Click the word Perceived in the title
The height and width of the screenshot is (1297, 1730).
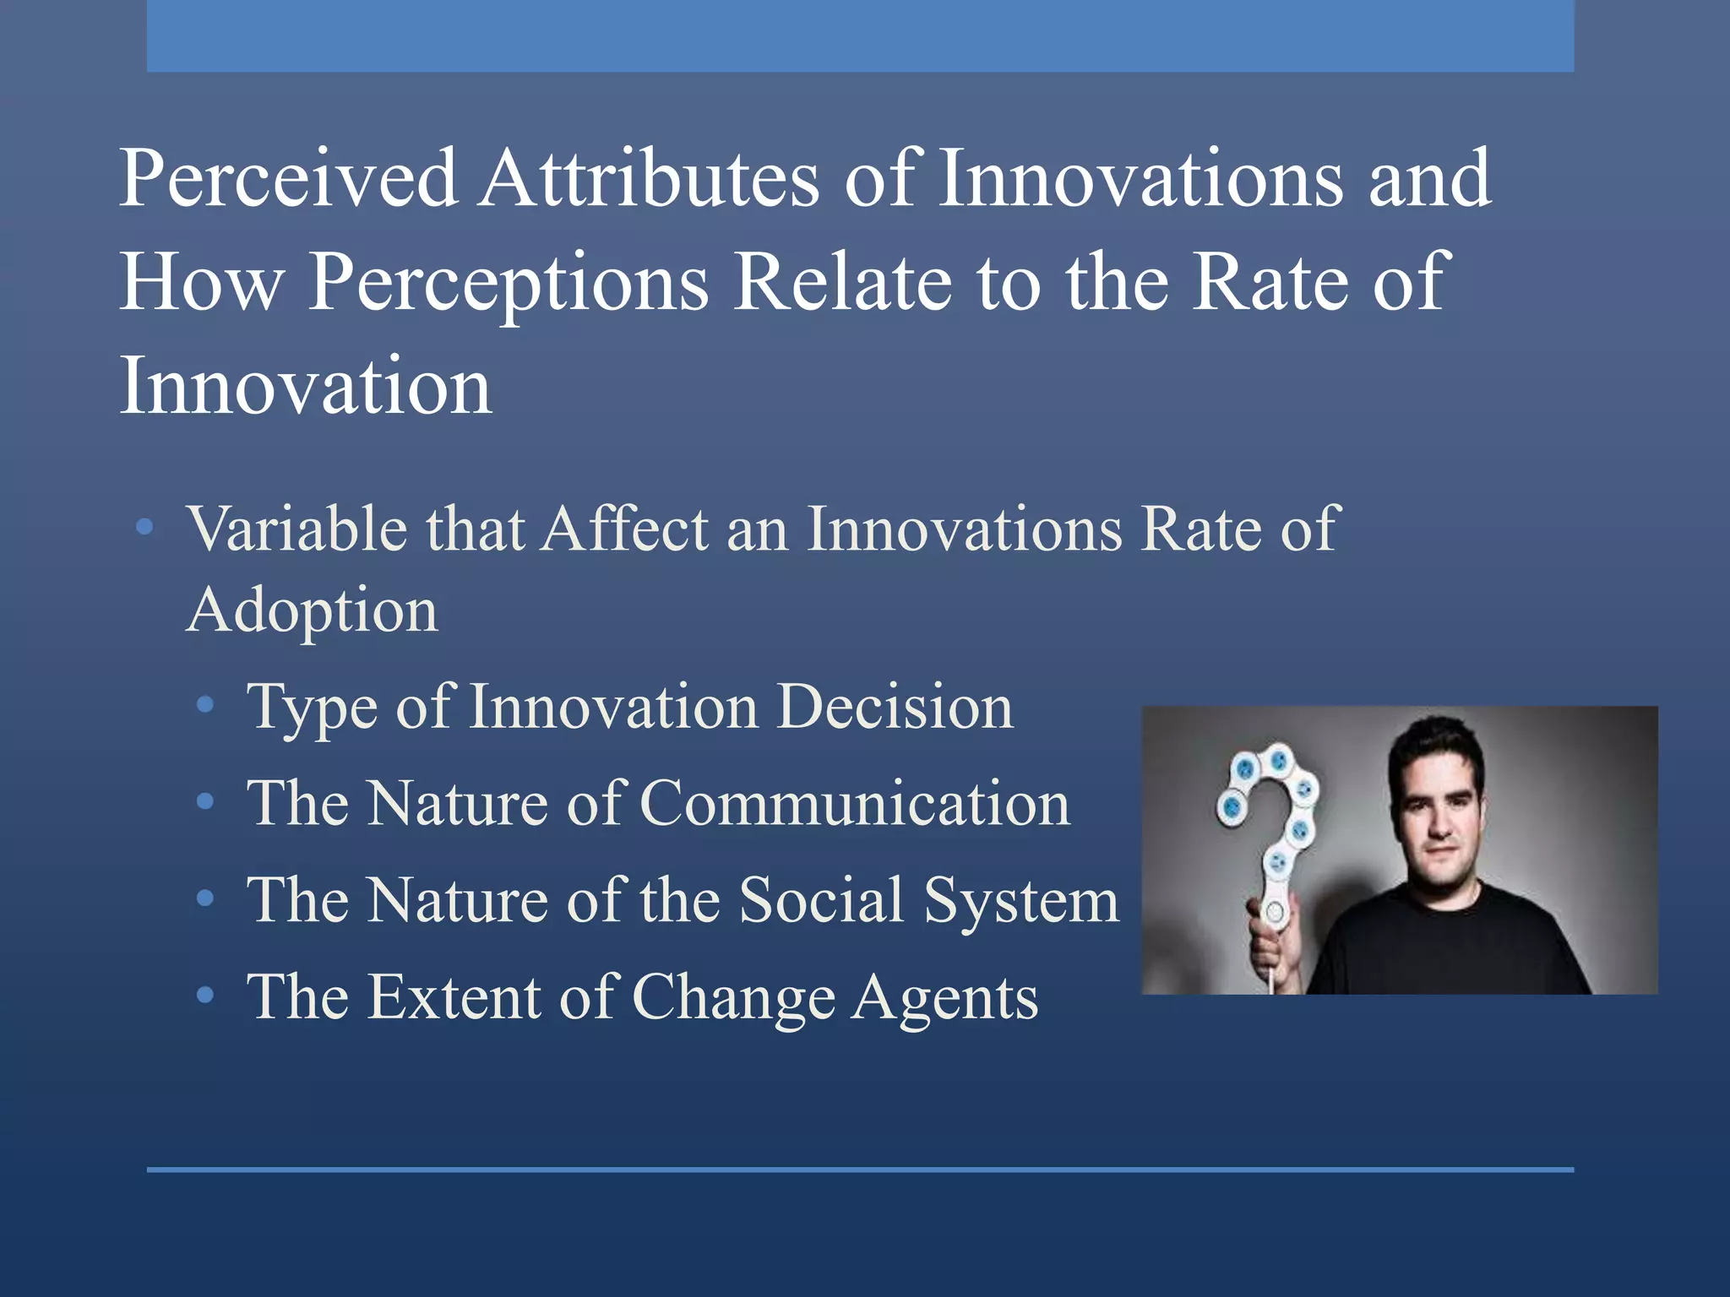tap(289, 179)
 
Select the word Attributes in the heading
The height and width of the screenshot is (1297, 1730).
tap(649, 179)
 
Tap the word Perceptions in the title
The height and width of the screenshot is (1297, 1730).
tap(509, 284)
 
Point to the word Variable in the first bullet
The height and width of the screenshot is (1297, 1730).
tap(296, 529)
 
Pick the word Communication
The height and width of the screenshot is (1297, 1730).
tap(855, 803)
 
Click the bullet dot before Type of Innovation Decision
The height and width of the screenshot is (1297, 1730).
tap(204, 705)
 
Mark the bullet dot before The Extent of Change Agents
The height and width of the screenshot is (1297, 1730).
tap(204, 996)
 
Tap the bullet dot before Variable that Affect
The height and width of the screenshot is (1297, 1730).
tap(144, 528)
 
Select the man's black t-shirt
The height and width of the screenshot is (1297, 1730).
tap(1453, 946)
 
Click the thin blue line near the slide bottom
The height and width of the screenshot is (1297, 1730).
tap(860, 1169)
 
